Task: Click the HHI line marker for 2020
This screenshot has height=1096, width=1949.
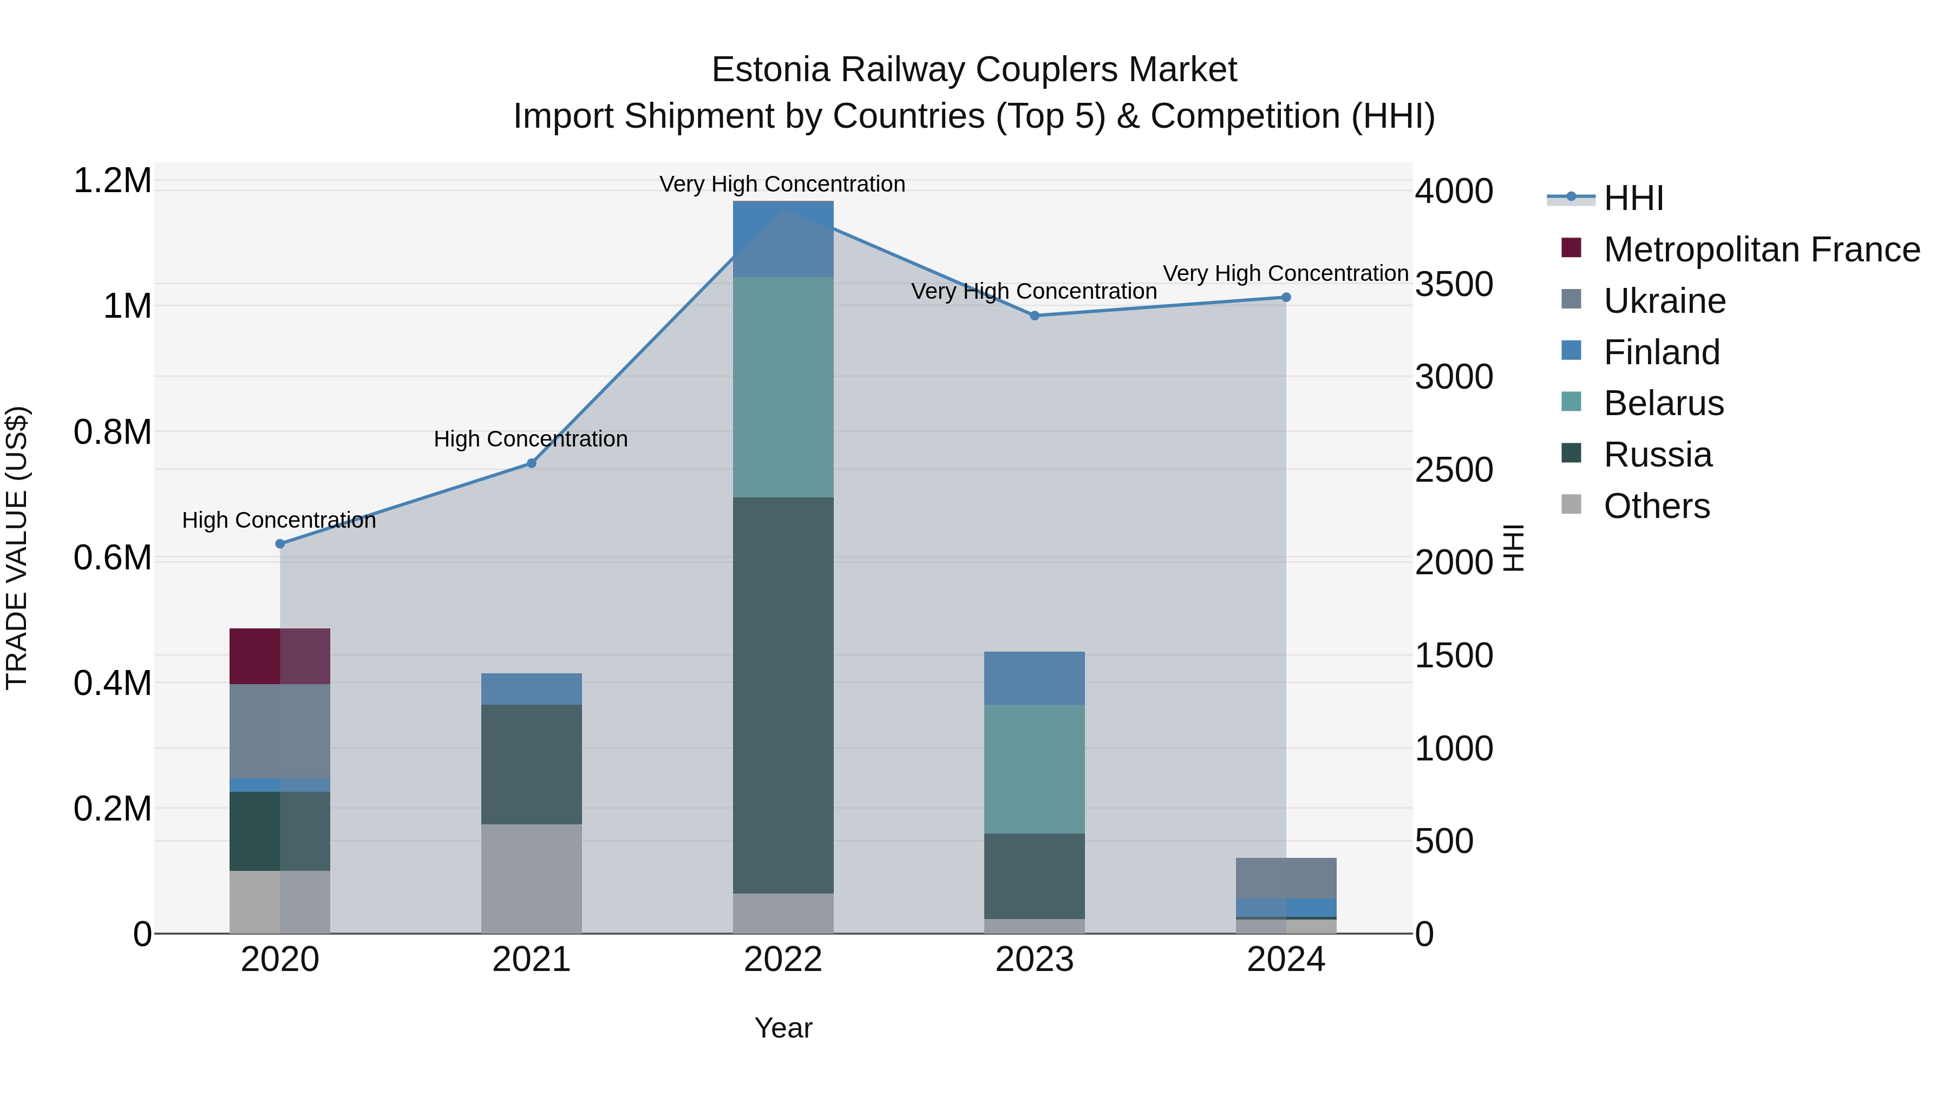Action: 280,544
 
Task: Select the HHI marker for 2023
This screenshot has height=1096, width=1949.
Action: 1034,316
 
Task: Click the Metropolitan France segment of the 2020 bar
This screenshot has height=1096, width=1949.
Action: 280,656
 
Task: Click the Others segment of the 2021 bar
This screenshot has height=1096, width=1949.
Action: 531,878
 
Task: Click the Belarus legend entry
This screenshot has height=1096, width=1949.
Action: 1663,403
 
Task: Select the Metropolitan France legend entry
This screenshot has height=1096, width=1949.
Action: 1761,250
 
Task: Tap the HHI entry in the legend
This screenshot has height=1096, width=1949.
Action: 1633,198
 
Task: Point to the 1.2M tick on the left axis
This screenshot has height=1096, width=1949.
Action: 112,181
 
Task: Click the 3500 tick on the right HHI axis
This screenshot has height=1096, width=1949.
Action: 1454,284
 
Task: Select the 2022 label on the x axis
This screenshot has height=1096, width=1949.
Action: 783,960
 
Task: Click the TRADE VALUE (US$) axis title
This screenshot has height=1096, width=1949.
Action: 17,548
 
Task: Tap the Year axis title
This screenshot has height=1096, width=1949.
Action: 783,1028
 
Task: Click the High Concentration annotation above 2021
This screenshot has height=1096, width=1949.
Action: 531,439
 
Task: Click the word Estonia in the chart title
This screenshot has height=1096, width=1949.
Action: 771,70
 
